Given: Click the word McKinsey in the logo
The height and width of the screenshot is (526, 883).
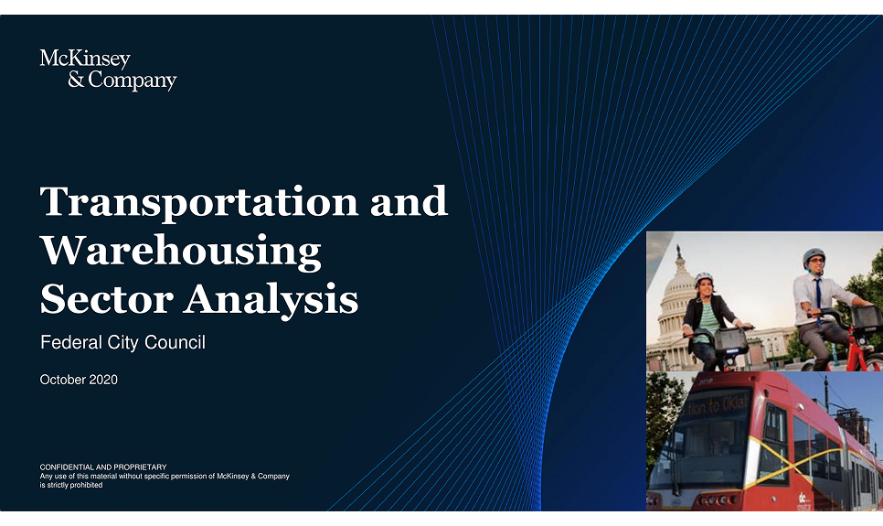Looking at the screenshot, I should pos(85,60).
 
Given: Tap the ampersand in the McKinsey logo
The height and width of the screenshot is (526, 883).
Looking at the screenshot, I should pos(76,81).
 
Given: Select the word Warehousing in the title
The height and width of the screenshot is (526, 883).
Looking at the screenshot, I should pos(181,251).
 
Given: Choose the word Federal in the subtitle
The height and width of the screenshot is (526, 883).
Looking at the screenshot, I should pos(69,344).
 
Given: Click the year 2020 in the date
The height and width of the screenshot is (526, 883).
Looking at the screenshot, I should pos(103,380).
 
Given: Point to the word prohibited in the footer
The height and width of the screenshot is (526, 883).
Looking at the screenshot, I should pos(82,485).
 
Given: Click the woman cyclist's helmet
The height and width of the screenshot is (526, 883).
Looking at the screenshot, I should pos(703,278).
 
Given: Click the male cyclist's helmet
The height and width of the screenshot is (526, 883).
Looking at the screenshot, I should pos(813,257).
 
